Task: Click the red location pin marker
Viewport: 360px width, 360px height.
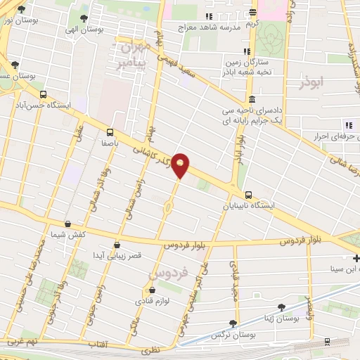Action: point(181,165)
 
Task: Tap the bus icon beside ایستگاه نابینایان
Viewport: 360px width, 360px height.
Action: point(247,195)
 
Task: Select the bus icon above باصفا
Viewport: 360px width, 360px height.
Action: point(110,131)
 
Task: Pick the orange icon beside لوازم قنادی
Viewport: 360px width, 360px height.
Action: point(150,290)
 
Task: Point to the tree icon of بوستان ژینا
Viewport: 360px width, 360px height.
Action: point(282,307)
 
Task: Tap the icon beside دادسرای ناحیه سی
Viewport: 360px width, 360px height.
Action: point(252,99)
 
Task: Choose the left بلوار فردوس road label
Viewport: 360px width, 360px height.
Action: point(188,245)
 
